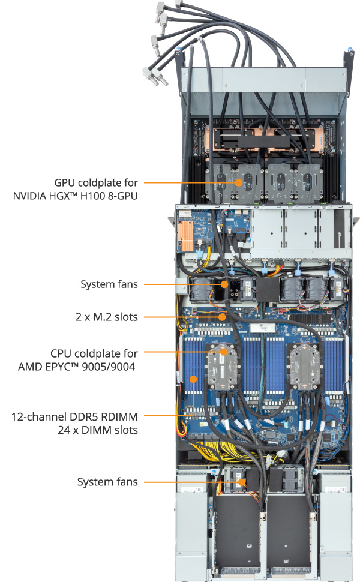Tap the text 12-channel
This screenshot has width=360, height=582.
[35, 416]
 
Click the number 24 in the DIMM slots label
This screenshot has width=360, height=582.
[64, 430]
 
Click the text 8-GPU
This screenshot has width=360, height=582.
[122, 196]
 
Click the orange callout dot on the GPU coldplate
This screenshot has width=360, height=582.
[239, 182]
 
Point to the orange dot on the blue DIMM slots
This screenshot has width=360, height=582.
[194, 379]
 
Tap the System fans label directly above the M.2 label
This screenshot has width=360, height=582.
[109, 284]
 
